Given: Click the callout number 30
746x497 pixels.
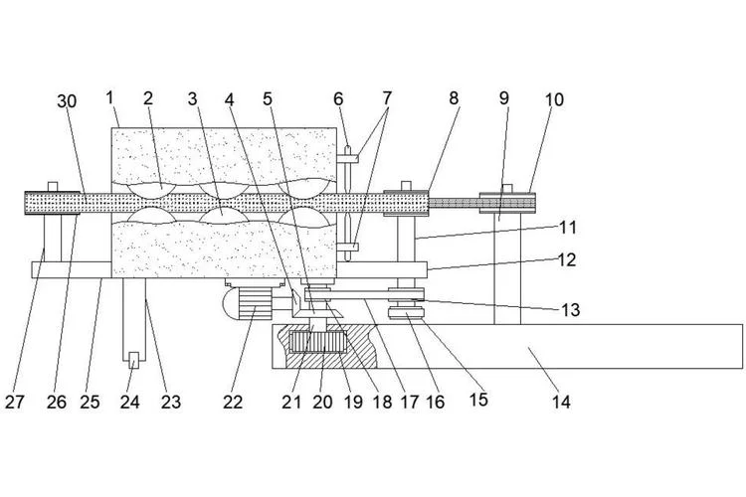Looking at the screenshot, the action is click(67, 101).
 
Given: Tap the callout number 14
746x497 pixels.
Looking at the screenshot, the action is click(561, 403).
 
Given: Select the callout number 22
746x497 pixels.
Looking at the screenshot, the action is click(233, 403).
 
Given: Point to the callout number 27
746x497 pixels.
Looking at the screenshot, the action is click(14, 403).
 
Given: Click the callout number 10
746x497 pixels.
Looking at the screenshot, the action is click(554, 99).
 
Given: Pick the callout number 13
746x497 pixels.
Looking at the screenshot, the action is click(571, 310).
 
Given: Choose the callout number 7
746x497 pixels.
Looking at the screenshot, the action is click(387, 98).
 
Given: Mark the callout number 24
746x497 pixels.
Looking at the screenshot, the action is click(129, 403).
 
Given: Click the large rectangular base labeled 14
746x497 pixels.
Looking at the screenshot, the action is click(507, 346).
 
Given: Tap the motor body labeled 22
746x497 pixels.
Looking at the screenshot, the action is click(255, 304).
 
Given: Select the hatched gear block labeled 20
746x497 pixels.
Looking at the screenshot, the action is click(317, 342).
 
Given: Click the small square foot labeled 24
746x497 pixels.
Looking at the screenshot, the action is click(134, 360).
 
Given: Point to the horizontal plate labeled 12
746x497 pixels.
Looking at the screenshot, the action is click(382, 269).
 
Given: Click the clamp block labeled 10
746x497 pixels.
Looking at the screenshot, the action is click(507, 203).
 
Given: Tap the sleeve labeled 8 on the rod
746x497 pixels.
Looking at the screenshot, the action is click(406, 203).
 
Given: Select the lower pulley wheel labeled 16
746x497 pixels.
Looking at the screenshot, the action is click(406, 313).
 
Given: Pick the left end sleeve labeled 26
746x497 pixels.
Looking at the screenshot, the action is click(53, 203).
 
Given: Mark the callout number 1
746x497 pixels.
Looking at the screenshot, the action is click(109, 98).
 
